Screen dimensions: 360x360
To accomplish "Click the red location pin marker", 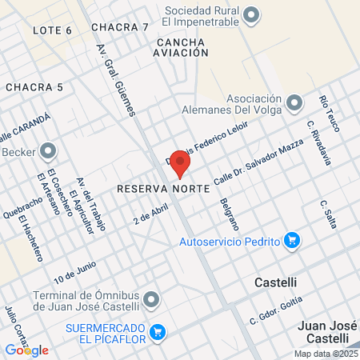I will pos(180,162).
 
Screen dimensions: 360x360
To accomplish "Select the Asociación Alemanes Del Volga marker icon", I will pos(294,102).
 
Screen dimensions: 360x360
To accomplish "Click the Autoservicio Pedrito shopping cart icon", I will pos(292,240).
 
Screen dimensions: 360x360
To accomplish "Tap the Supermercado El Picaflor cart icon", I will pos(158,332).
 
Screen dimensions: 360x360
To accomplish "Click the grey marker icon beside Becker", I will pos(48,150).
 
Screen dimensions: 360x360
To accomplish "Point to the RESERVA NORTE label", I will pos(162,189).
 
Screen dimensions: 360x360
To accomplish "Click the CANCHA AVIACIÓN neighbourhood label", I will pos(182,46).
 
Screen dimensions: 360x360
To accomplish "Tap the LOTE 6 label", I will pos(53,30).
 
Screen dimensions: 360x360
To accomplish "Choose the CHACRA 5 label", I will pos(34,86).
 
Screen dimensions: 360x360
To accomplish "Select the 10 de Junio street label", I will pos(75,272).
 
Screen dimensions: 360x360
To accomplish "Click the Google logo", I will pos(26,350).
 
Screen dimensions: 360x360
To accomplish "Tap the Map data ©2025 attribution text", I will pos(325,354).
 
